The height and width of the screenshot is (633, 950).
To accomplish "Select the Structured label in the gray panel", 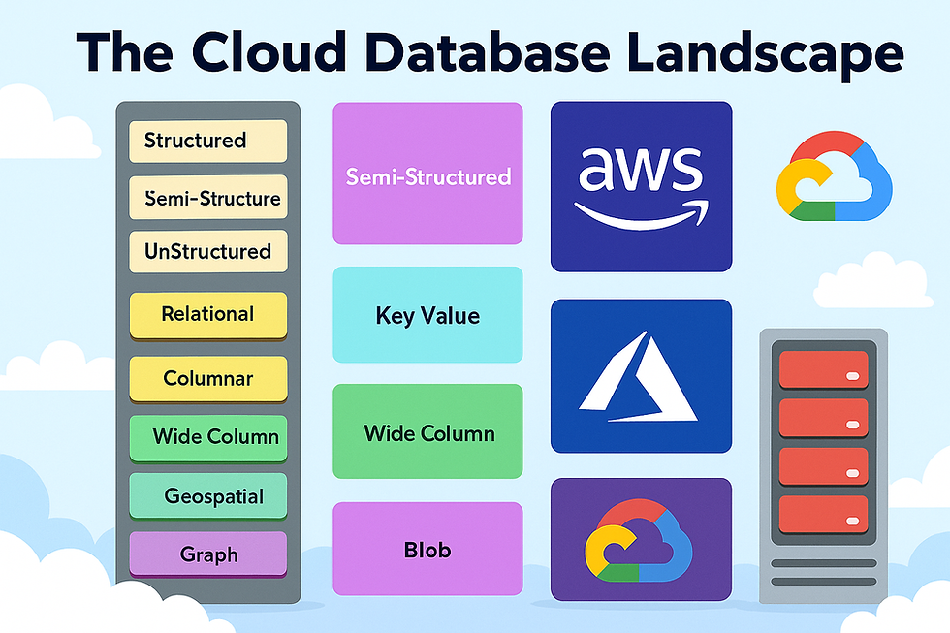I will click(207, 141).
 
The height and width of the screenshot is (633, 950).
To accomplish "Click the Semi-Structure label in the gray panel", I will click(207, 198).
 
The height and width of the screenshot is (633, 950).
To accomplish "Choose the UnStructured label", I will click(207, 251).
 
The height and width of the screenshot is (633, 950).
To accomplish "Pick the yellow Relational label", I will click(207, 314).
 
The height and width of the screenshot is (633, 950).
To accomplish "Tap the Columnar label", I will click(207, 378).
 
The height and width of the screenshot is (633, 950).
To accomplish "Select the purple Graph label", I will click(207, 554).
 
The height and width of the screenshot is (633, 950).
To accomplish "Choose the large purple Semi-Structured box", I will click(427, 175).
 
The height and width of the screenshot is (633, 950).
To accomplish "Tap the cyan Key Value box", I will click(427, 315).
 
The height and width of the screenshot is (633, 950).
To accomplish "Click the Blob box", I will click(427, 550).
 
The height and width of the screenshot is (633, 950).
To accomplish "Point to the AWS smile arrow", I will click(641, 212).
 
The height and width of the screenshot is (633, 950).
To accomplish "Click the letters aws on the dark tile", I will click(641, 169).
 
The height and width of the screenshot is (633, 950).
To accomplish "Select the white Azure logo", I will click(640, 378).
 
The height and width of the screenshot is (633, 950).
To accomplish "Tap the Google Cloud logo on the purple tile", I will click(641, 540).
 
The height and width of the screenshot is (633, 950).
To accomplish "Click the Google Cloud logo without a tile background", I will click(834, 175).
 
